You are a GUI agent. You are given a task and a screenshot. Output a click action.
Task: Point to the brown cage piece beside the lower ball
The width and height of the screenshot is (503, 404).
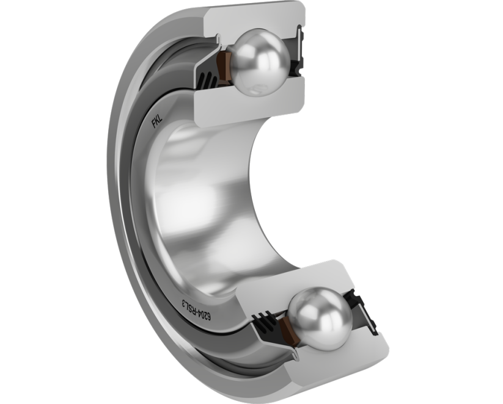click(287, 332)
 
